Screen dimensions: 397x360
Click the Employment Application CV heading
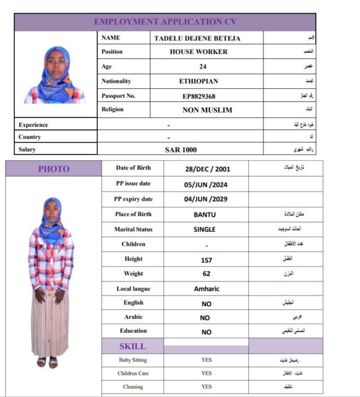click(165, 22)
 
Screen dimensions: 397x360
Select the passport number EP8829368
click(199, 96)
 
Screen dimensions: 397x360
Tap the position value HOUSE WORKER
click(199, 52)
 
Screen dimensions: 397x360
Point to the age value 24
click(203, 67)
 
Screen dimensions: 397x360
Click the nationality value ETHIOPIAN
click(199, 81)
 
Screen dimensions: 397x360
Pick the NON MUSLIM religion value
click(207, 111)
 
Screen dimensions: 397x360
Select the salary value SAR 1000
click(181, 150)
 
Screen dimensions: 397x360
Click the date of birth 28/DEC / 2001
click(207, 169)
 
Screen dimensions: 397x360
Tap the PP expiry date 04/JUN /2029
click(206, 199)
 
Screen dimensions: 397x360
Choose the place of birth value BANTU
click(205, 214)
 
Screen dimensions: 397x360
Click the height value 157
click(206, 260)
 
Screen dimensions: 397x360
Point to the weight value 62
click(206, 274)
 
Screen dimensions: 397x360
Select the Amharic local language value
click(206, 289)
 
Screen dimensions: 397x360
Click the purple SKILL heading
click(133, 347)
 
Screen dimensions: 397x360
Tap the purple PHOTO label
click(54, 169)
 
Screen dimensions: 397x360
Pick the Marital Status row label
click(133, 229)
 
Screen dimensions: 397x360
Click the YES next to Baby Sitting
click(206, 360)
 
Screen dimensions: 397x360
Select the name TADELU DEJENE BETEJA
click(199, 38)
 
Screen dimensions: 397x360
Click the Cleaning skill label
click(133, 387)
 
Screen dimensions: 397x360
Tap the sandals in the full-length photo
click(47, 362)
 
